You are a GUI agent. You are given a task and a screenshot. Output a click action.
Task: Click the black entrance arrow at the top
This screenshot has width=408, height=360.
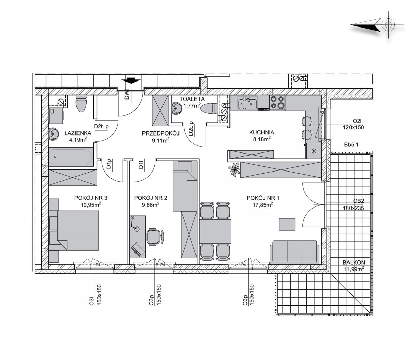point(131,81)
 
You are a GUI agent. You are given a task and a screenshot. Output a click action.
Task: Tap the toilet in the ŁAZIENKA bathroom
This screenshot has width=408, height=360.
point(81,104)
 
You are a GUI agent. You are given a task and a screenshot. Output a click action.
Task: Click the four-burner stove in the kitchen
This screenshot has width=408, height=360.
point(277,103)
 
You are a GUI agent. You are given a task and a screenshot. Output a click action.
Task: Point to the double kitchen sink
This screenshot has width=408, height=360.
point(247,104)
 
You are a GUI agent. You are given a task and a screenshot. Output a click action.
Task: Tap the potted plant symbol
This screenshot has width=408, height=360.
point(234,169)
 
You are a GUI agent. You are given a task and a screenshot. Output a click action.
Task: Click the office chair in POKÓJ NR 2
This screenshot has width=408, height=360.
point(155,237)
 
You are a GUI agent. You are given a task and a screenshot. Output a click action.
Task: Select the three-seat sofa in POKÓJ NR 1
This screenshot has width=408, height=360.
point(294,252)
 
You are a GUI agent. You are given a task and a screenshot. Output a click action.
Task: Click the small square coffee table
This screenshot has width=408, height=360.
point(287,224)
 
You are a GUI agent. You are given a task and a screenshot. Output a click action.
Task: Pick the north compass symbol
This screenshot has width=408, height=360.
point(377,25)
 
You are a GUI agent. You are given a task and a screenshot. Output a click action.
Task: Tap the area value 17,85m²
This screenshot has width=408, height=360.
point(263,205)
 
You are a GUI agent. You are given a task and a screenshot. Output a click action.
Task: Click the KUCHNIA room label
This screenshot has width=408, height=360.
point(261,132)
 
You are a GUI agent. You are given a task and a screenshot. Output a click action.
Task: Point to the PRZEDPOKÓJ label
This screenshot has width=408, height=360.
point(160,133)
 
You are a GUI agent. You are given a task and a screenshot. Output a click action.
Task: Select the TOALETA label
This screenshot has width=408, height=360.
point(192,99)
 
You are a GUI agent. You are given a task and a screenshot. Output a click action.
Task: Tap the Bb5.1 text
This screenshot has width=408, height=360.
point(351,144)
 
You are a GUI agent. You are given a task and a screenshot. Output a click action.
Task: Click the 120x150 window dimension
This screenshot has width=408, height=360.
point(353,127)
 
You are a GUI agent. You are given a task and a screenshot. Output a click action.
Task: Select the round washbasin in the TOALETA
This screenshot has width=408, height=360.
point(176,109)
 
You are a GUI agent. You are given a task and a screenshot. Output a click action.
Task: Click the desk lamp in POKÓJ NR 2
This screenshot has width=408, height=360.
point(135,223)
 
